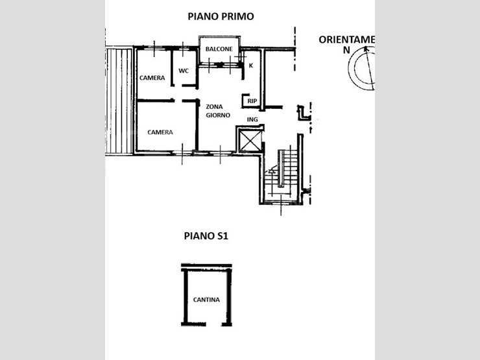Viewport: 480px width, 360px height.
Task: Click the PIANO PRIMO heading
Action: click(221, 16)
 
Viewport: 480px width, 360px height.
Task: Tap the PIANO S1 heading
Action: click(206, 236)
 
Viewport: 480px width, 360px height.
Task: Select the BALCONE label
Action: click(219, 49)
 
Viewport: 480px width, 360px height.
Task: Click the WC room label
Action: click(184, 71)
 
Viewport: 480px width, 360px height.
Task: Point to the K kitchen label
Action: click(251, 66)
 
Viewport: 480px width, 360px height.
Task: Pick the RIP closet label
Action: click(252, 101)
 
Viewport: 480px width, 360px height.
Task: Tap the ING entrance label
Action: click(252, 120)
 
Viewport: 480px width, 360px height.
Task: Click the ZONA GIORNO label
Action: click(218, 111)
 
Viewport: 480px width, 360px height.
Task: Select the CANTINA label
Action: click(206, 300)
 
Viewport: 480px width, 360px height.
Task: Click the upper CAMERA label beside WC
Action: click(152, 78)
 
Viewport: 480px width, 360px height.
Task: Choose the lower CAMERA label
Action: click(160, 132)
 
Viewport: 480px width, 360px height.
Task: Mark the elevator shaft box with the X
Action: click(251, 141)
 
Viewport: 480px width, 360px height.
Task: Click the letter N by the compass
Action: click(346, 50)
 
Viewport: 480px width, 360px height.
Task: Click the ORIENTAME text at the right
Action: click(346, 40)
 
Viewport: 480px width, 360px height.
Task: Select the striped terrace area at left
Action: click(119, 101)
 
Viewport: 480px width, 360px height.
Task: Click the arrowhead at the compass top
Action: click(365, 49)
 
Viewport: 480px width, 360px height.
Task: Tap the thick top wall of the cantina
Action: click(206, 265)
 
